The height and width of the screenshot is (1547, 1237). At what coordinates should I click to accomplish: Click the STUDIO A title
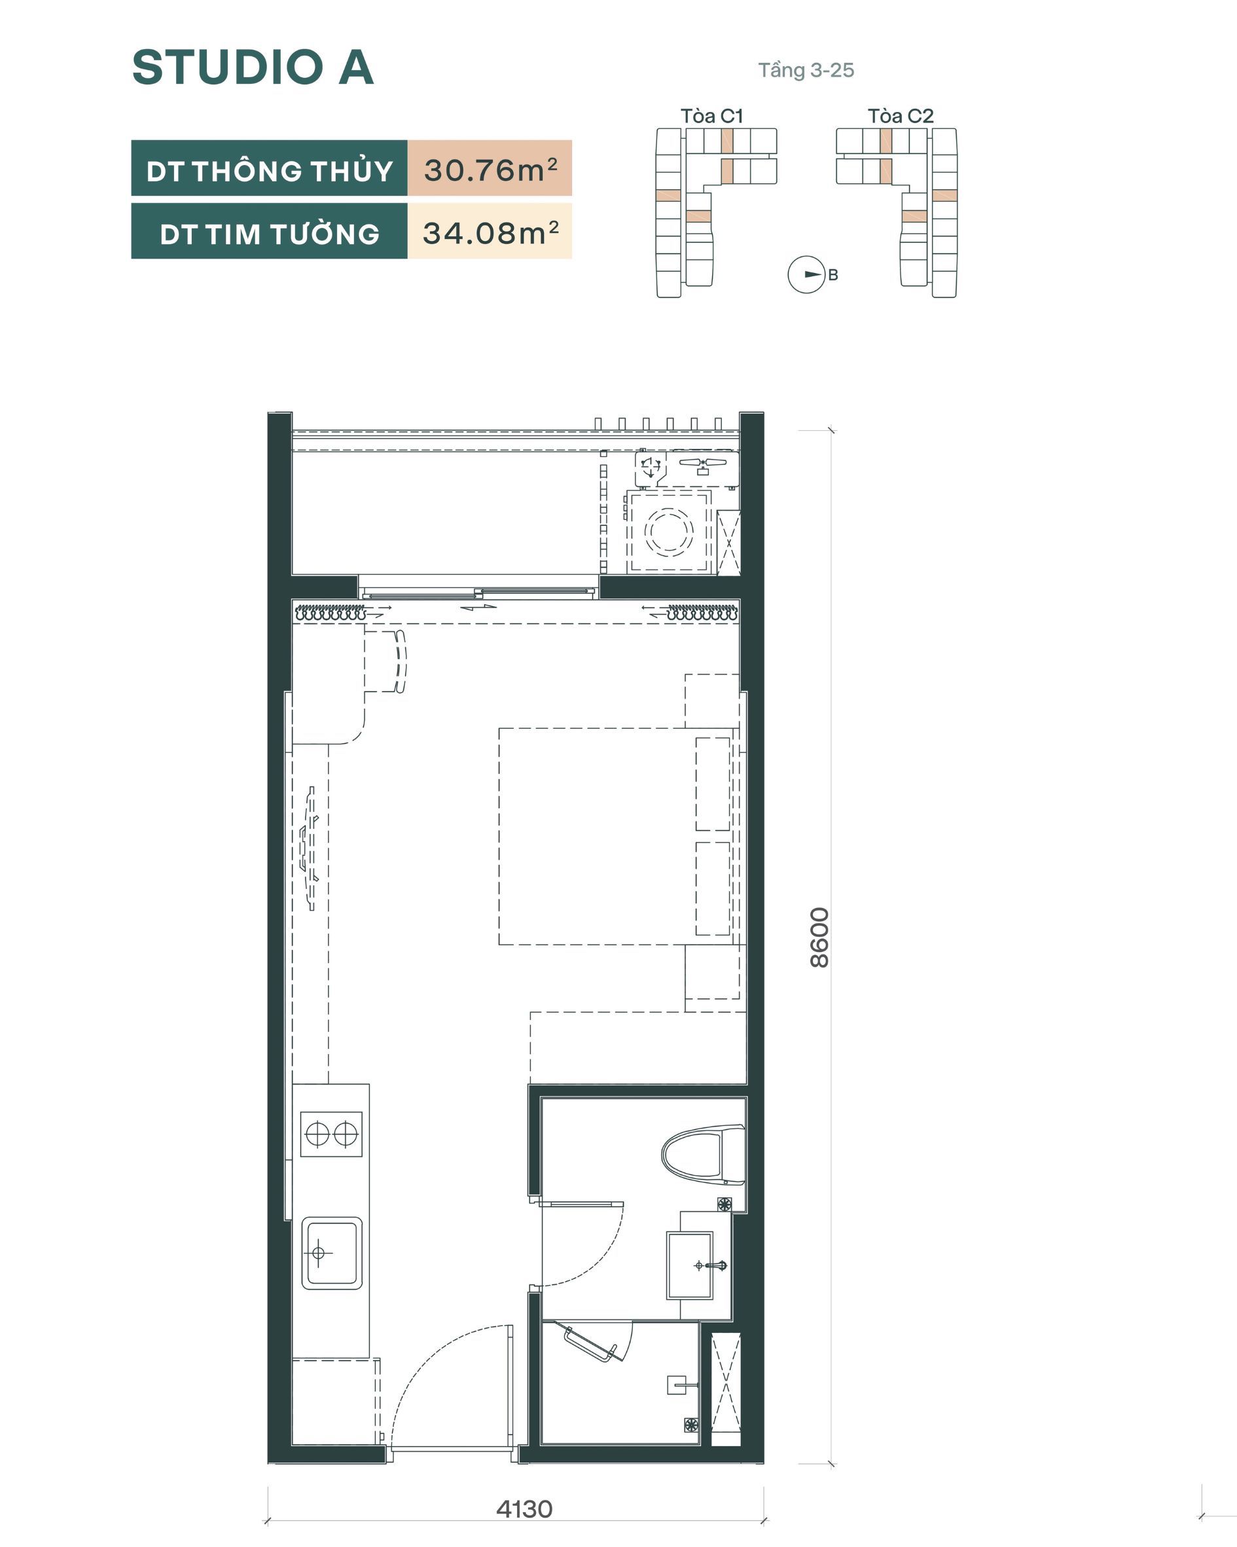tap(253, 67)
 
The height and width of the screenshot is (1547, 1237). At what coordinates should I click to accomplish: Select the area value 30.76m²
tap(491, 170)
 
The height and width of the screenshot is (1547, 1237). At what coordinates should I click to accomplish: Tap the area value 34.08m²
tap(491, 232)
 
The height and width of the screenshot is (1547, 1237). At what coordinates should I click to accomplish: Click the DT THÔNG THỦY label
tap(270, 171)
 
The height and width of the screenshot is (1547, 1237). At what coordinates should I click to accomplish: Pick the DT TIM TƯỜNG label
tap(270, 234)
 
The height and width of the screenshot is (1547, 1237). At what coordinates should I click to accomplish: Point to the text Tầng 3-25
tap(806, 70)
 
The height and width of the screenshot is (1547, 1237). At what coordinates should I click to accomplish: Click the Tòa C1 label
tap(712, 115)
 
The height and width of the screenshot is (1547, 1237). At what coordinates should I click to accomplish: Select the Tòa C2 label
tap(901, 115)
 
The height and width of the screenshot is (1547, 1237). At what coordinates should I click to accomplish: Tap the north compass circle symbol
tap(806, 274)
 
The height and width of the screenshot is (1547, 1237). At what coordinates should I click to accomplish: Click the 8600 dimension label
tap(819, 937)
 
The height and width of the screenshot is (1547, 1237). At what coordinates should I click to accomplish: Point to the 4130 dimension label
tap(524, 1509)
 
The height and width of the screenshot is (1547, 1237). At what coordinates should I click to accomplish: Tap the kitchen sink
tap(331, 1253)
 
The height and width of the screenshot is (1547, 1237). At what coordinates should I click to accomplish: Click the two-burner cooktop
tap(331, 1135)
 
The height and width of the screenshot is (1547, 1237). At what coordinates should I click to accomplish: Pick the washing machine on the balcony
tap(669, 532)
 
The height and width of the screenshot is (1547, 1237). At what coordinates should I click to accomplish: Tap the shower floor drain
tap(691, 1425)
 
